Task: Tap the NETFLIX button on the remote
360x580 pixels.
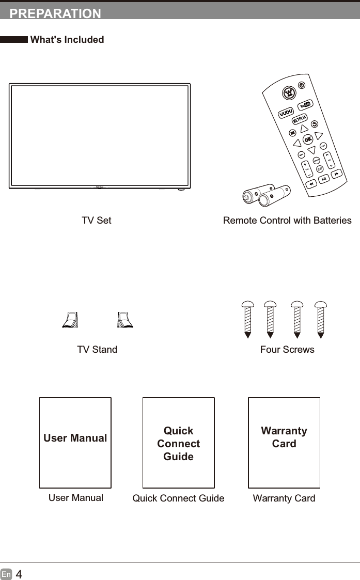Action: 300,119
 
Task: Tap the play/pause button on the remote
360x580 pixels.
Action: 323,179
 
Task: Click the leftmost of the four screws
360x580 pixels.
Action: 247,319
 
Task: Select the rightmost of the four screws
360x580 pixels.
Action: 321,319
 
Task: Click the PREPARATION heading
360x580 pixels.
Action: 55,14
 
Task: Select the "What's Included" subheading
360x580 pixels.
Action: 67,40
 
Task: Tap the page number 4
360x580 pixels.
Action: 19,574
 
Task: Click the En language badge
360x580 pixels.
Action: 6,574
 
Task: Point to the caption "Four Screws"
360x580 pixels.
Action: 287,350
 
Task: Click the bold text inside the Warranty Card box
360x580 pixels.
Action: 284,437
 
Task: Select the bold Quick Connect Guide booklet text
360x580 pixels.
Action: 178,444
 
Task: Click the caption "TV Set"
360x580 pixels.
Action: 97,221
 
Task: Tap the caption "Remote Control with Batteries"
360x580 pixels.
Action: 287,221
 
